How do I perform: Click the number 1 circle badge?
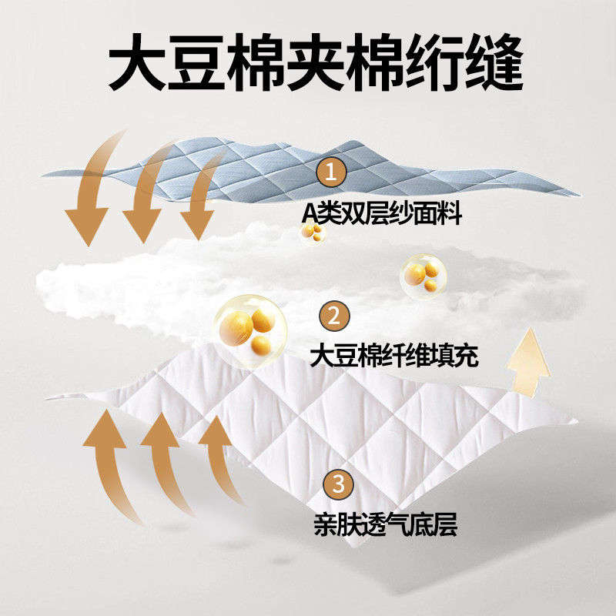click(x=331, y=171)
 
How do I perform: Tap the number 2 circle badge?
click(x=334, y=316)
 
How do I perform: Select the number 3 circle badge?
click(x=338, y=484)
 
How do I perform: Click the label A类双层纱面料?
click(x=381, y=214)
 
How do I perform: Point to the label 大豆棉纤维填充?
click(x=394, y=356)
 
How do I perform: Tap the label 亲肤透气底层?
click(x=386, y=524)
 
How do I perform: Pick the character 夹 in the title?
click(x=315, y=62)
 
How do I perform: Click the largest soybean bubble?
click(x=251, y=331)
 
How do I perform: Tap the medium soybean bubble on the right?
click(x=423, y=276)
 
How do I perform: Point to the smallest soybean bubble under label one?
click(x=313, y=232)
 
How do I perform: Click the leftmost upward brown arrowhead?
click(x=105, y=428)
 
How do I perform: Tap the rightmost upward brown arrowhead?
click(x=215, y=430)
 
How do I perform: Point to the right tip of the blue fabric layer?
click(x=581, y=195)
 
